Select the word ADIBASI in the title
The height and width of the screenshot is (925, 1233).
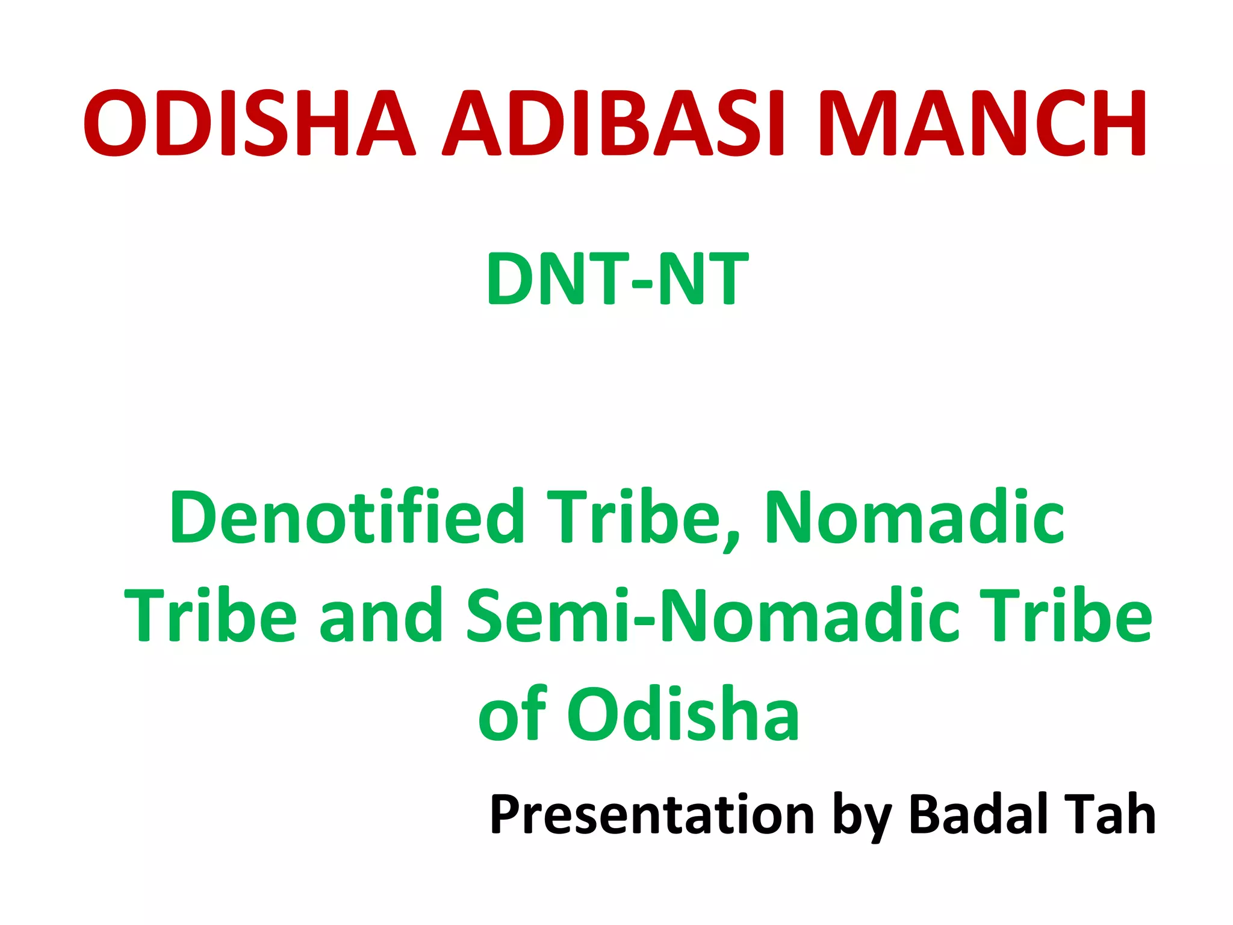614,123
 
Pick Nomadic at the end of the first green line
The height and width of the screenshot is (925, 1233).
915,517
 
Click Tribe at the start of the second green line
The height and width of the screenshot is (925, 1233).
211,615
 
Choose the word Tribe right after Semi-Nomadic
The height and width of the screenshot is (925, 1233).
1066,615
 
